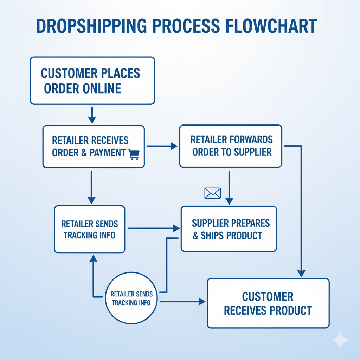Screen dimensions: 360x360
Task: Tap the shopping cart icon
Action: click(x=134, y=154)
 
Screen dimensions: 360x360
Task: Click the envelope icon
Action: click(x=212, y=193)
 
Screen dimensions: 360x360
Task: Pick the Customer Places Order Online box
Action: click(x=92, y=81)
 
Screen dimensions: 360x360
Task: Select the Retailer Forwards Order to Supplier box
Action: click(x=231, y=146)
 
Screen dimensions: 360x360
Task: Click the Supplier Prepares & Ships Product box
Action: click(x=229, y=229)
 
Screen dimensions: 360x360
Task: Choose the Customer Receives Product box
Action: click(x=268, y=303)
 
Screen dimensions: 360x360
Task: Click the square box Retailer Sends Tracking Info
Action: click(x=90, y=229)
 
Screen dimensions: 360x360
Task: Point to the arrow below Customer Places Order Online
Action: click(x=92, y=115)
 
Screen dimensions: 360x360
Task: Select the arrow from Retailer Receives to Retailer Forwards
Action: click(x=162, y=146)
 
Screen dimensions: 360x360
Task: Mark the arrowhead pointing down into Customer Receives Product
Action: click(x=301, y=273)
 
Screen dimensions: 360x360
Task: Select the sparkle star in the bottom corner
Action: click(x=340, y=340)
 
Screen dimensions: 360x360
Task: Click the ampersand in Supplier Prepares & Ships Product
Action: click(x=196, y=236)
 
